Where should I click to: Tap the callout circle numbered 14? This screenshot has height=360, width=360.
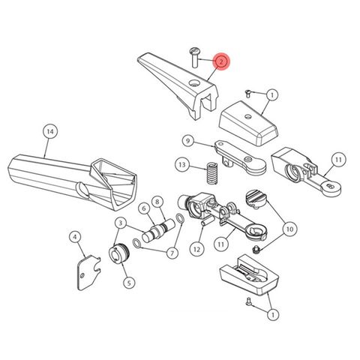pos(49,132)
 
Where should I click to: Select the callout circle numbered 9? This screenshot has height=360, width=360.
pos(187,140)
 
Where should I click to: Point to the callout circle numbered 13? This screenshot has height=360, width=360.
pos(182,163)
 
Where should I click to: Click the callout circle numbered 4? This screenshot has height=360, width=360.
pos(75,238)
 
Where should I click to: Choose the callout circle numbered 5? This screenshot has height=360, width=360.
pos(128,283)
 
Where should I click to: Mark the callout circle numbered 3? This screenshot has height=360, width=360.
pos(120,223)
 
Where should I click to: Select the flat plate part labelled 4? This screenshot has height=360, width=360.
pos(89,269)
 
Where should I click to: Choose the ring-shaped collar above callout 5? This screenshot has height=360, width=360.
pos(120,253)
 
